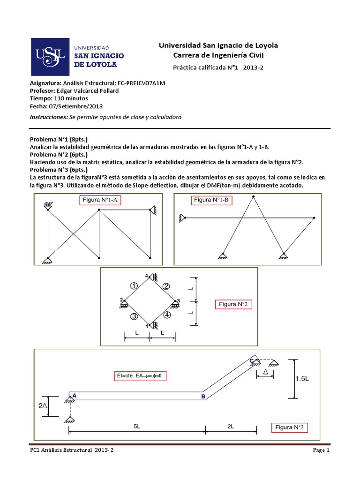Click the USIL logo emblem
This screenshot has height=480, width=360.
[51, 56]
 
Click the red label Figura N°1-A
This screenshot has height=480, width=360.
[102, 200]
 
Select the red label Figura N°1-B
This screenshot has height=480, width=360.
[211, 200]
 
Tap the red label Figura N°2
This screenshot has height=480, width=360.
[233, 304]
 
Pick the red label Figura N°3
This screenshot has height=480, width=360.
[289, 427]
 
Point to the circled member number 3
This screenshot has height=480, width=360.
[134, 316]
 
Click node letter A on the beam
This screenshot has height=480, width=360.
[75, 396]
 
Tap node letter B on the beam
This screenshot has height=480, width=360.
[203, 397]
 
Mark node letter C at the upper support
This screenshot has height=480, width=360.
[251, 360]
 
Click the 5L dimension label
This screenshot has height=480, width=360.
[136, 426]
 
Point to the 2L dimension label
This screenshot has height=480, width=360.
[230, 426]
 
